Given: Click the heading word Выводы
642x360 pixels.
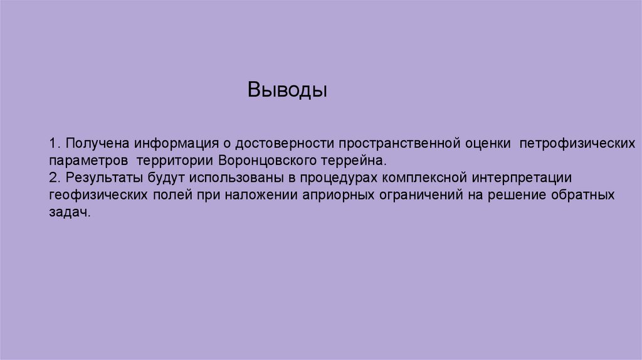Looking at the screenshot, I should point(287,90).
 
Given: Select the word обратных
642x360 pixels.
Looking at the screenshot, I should point(582,195).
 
